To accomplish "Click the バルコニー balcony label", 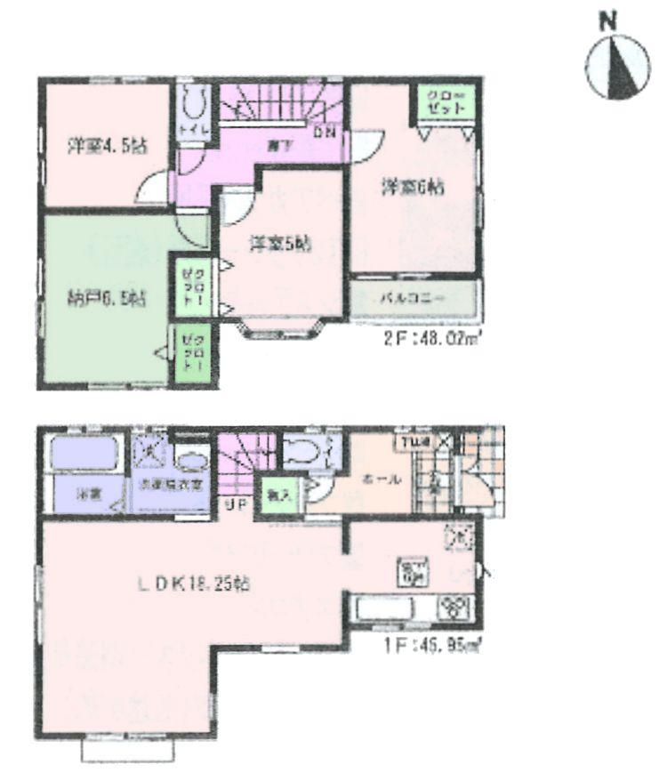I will pos(413,300).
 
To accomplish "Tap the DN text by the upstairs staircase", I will pos(326,133).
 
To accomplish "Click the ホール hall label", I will pos(381,479).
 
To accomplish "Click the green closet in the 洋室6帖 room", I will pos(440,102).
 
